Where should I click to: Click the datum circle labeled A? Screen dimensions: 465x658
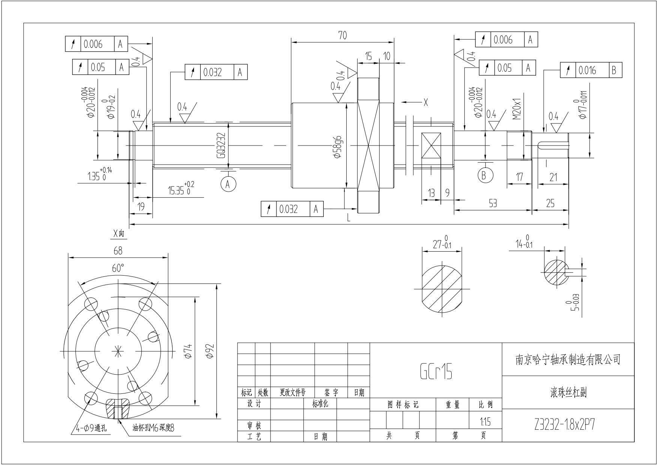click(x=228, y=184)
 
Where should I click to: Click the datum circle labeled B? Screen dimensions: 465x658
click(x=484, y=175)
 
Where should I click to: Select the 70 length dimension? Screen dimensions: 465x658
click(x=343, y=35)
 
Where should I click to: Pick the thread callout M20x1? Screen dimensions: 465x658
click(x=517, y=109)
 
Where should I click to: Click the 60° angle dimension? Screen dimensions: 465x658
click(x=118, y=268)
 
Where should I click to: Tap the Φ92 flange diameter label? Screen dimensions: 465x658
click(x=210, y=351)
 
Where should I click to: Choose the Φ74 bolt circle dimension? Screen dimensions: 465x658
click(x=188, y=351)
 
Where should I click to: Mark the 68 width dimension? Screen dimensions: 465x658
click(x=118, y=250)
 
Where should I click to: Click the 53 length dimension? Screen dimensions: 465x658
click(x=493, y=203)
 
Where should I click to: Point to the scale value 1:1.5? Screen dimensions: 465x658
click(x=485, y=422)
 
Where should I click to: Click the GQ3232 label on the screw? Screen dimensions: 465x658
click(x=222, y=145)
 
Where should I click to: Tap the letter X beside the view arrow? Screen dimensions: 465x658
click(x=425, y=102)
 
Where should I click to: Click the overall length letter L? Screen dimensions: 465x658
click(x=349, y=218)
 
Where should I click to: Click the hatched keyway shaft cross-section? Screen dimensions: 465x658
click(x=555, y=272)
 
